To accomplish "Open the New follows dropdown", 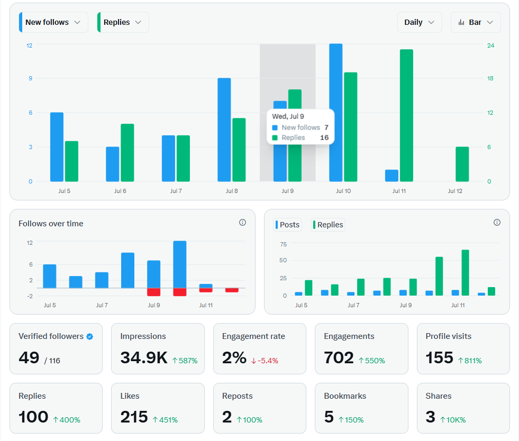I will point(53,22).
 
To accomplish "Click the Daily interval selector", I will point(420,22).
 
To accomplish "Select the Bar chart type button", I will point(476,22).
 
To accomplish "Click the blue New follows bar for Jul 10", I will point(335,112).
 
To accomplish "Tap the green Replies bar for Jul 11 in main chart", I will point(406,115).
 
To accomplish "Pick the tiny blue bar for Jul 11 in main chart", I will point(391,176).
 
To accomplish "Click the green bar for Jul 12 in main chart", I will point(462,164).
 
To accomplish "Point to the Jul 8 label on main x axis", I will point(232,191).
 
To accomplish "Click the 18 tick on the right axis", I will point(490,78).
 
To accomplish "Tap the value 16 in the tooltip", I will point(324,137).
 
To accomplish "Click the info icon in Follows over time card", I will point(242,223).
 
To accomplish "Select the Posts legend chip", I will point(287,225).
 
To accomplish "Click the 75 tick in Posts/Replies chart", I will point(283,244).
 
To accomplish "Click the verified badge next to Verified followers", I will point(90,336).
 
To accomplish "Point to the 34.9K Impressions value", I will point(144,358).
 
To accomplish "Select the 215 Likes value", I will point(134,417).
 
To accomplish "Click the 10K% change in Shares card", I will point(453,420).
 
